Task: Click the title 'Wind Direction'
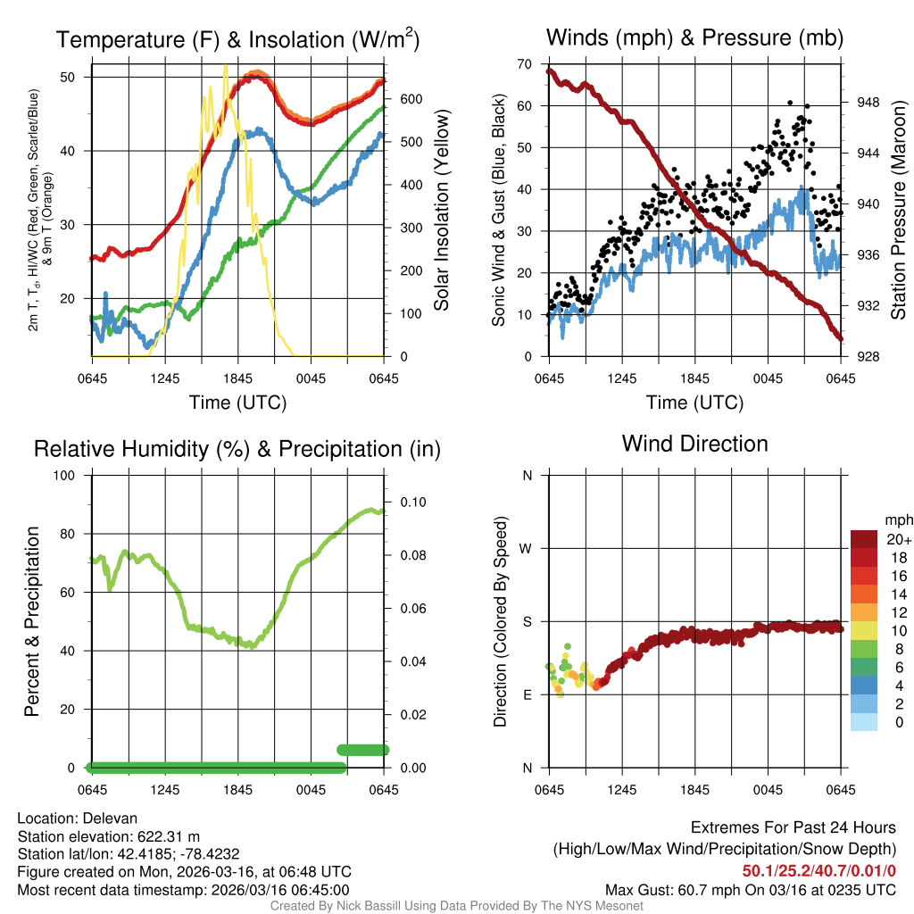pos(694,444)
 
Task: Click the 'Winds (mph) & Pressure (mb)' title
pos(694,37)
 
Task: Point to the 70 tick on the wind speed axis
pos(524,63)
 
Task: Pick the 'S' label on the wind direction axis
pos(527,621)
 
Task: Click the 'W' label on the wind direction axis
pos(527,548)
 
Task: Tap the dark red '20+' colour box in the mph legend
pos(865,539)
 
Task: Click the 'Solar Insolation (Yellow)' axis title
pos(441,211)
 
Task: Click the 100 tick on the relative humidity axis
pos(69,475)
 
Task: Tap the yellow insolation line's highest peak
pos(225,66)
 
